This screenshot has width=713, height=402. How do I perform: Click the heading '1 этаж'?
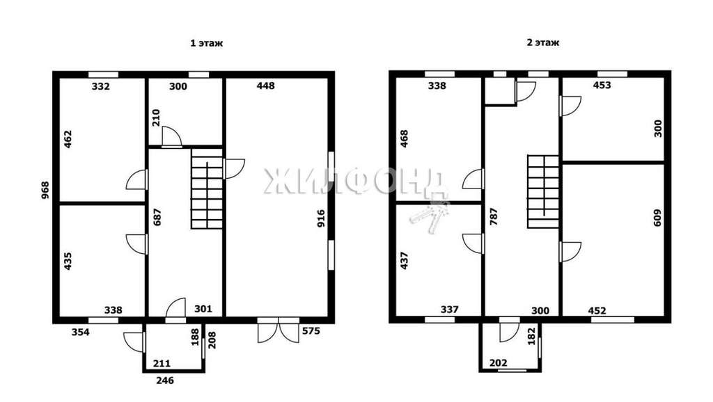pyautogui.click(x=206, y=44)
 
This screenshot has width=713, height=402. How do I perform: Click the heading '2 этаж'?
pyautogui.click(x=543, y=42)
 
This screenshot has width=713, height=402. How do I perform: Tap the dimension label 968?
pyautogui.click(x=45, y=191)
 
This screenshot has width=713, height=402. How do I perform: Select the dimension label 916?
pyautogui.click(x=321, y=218)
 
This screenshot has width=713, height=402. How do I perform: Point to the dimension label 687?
pyautogui.click(x=157, y=217)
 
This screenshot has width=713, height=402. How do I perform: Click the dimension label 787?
pyautogui.click(x=494, y=217)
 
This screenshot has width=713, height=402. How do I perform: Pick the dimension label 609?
pyautogui.click(x=657, y=218)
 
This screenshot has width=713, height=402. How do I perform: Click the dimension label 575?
pyautogui.click(x=311, y=330)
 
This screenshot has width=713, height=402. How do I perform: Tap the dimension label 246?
pyautogui.click(x=164, y=380)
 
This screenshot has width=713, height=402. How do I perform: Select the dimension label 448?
pyautogui.click(x=265, y=86)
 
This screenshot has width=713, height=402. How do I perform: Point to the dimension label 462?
pyautogui.click(x=68, y=140)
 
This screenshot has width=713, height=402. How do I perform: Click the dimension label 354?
pyautogui.click(x=81, y=332)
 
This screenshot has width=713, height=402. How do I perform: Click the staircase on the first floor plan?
pyautogui.click(x=207, y=188)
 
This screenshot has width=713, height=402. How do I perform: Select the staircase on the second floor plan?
pyautogui.click(x=543, y=191)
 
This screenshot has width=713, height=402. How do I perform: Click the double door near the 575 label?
pyautogui.click(x=279, y=330)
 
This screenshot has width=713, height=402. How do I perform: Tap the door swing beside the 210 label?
pyautogui.click(x=172, y=137)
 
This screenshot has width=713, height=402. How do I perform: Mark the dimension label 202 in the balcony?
pyautogui.click(x=499, y=363)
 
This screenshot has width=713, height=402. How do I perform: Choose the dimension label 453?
pyautogui.click(x=602, y=85)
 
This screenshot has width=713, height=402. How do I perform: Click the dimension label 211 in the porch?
pyautogui.click(x=162, y=363)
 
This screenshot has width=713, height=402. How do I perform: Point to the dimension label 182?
pyautogui.click(x=531, y=337)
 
